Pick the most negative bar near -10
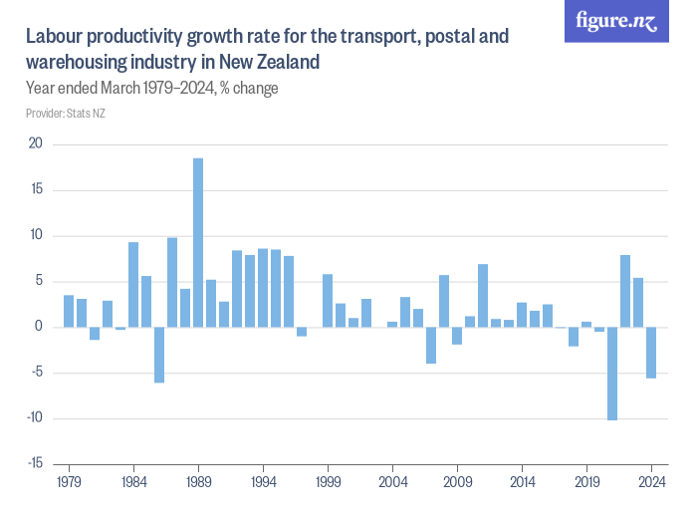612,374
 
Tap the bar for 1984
133,285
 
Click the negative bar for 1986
159,355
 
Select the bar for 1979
69,311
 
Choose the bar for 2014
522,315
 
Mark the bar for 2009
457,336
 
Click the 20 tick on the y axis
36,144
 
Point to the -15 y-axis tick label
34,464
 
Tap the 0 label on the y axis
39,328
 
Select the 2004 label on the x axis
392,480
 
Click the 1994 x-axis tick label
263,480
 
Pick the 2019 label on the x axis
586,480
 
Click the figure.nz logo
617,22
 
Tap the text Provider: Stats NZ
66,114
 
